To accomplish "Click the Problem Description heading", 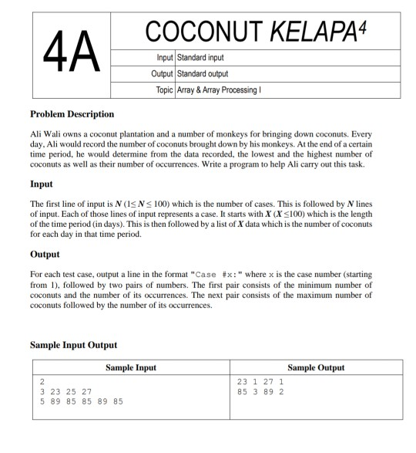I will (x=72, y=114).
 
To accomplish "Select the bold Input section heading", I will (x=42, y=184).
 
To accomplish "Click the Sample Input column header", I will (x=130, y=367).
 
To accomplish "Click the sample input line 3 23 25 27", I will (x=66, y=391).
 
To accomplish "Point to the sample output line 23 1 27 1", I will (x=262, y=381).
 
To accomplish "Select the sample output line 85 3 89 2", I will (x=262, y=391).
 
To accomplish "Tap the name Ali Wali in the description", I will (x=45, y=134).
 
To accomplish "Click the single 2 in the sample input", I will (x=42, y=381).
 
